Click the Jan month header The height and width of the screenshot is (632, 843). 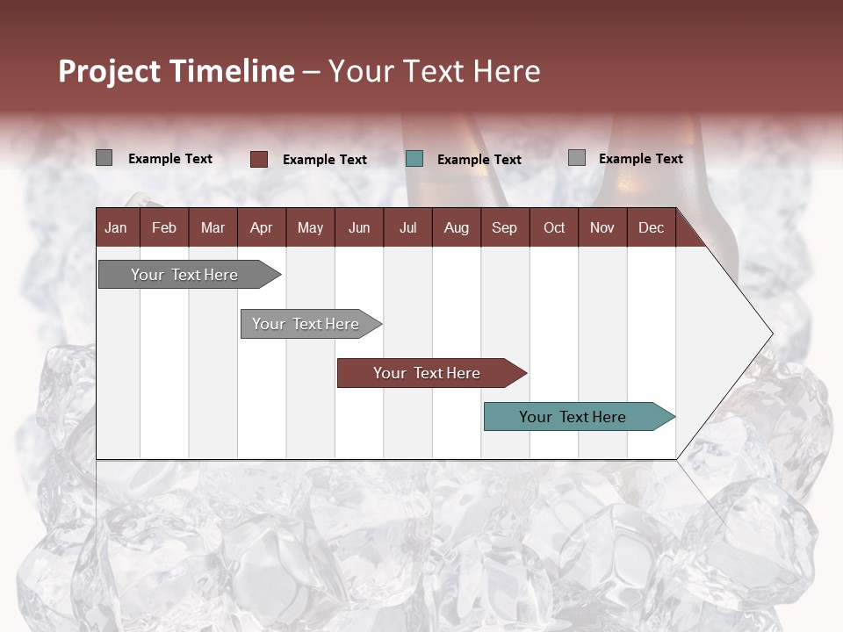click(116, 227)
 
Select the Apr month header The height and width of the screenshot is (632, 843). click(261, 227)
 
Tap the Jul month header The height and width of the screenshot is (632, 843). click(407, 227)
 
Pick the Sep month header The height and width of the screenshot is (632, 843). click(504, 227)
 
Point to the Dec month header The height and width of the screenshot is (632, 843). click(651, 227)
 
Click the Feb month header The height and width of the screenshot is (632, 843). click(164, 227)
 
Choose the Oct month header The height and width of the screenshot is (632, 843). click(554, 227)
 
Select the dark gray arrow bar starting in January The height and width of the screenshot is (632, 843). click(184, 275)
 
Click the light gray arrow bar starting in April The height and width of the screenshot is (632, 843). click(306, 324)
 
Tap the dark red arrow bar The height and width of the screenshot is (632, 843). click(427, 373)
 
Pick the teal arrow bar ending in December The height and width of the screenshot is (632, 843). click(573, 417)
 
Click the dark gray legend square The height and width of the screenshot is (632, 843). click(104, 158)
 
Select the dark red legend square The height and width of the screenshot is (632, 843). click(258, 159)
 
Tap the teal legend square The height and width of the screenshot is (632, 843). click(414, 159)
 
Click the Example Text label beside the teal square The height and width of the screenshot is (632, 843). click(479, 160)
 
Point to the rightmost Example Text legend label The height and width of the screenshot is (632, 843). click(640, 159)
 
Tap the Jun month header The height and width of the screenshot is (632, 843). click(359, 227)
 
